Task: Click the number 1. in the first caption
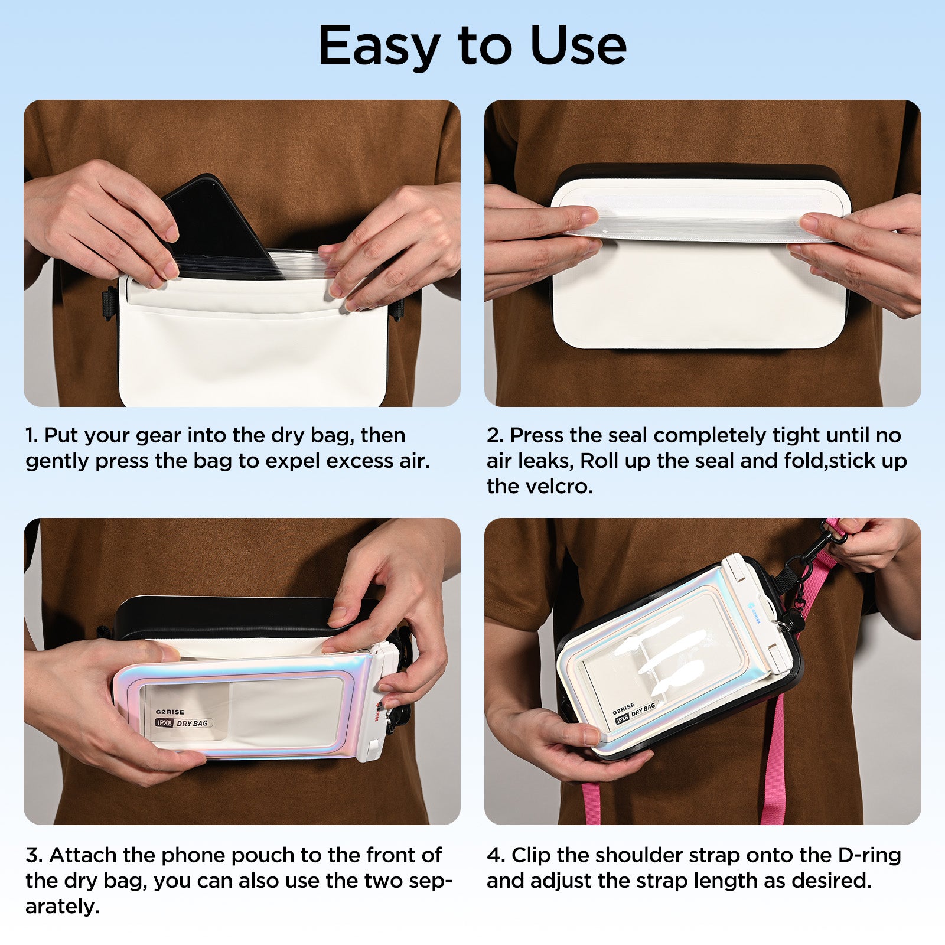point(32,435)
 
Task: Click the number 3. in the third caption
point(34,855)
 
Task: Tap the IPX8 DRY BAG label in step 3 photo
point(184,723)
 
